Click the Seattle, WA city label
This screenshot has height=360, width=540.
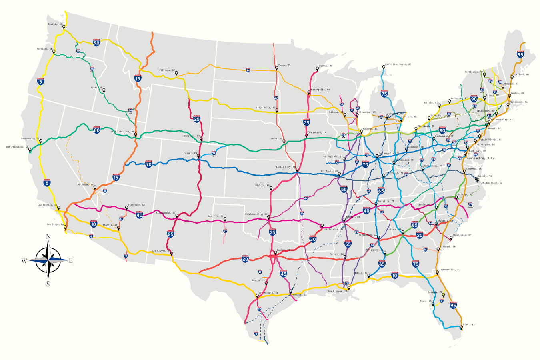click(55, 24)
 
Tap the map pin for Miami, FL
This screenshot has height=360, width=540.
click(461, 328)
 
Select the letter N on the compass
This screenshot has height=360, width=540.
click(48, 237)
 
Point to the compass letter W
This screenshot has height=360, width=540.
click(24, 261)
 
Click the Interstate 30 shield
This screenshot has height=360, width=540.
click(313, 239)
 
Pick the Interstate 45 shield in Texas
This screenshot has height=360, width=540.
click(283, 274)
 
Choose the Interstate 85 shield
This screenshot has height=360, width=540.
click(414, 225)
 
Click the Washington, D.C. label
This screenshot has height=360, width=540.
click(480, 158)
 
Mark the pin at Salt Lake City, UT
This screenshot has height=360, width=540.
click(136, 134)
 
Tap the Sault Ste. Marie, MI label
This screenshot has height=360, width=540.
click(398, 64)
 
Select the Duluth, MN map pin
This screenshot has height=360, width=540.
click(317, 68)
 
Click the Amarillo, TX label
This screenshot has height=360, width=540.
click(216, 216)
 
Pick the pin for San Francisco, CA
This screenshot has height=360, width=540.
click(30, 150)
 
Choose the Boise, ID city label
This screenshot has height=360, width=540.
click(96, 87)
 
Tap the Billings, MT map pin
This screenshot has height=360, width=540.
click(176, 73)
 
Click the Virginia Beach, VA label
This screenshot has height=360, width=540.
click(490, 182)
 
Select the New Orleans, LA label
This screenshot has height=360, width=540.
click(338, 291)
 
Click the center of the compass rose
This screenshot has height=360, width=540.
click(48, 260)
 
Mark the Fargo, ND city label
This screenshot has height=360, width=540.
click(284, 65)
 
